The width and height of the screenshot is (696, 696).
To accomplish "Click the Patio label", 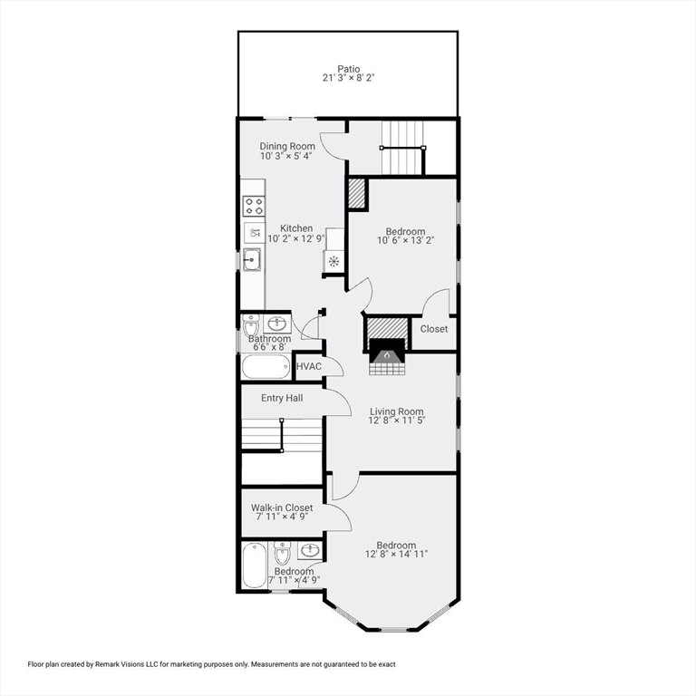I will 349,68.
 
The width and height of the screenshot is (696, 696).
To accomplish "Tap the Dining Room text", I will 287,147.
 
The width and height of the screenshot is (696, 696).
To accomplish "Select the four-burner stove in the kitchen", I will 254,206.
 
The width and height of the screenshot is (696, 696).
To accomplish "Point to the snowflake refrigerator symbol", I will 333,262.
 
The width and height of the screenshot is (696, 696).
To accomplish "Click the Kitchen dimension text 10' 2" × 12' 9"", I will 296,239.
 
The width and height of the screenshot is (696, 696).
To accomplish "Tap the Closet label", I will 434,329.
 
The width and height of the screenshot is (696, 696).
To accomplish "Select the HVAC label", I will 309,366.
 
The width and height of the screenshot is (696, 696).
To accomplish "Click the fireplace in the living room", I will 387,355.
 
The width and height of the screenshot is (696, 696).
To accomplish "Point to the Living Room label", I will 396,411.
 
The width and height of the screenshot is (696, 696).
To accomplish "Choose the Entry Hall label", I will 282,398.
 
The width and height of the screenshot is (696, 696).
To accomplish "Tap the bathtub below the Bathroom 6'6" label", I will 266,367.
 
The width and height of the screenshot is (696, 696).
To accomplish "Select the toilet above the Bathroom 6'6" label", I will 251,324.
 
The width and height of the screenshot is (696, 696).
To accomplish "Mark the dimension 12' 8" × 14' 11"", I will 396,555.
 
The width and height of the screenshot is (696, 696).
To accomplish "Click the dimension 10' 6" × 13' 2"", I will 405,242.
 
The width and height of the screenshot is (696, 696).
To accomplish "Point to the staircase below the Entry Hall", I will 282,434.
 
